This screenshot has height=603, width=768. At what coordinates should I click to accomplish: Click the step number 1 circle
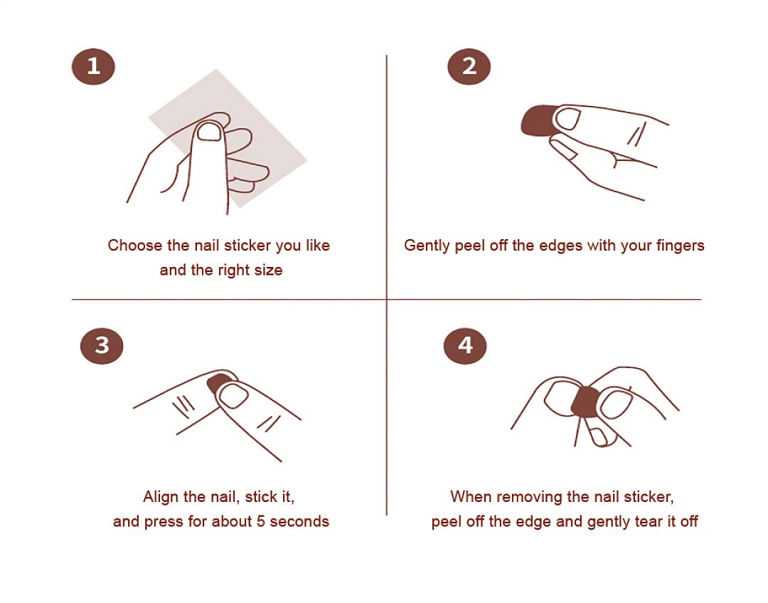click(x=93, y=67)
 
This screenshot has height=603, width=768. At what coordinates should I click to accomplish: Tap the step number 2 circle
click(x=469, y=67)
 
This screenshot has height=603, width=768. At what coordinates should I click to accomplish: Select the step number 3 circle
click(x=102, y=345)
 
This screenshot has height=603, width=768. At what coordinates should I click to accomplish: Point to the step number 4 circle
click(x=465, y=345)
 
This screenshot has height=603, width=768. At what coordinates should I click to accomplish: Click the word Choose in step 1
click(x=134, y=245)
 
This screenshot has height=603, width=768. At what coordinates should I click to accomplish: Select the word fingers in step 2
click(x=681, y=246)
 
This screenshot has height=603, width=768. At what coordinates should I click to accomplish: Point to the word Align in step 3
click(x=161, y=497)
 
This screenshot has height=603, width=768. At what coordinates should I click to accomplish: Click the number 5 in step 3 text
click(x=260, y=521)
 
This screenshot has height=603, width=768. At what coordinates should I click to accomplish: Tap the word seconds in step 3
click(x=299, y=521)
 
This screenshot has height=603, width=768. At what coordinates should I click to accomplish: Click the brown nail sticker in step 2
click(x=536, y=120)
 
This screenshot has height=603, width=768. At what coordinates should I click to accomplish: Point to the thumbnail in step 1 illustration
click(x=209, y=132)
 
